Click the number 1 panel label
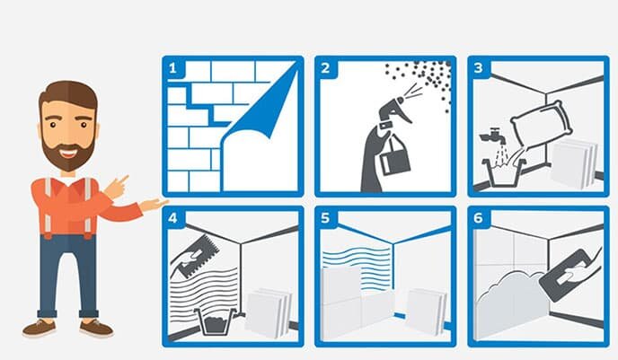[x=172, y=68]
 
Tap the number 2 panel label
[x=325, y=68]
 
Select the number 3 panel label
[x=478, y=68]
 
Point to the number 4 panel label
[x=172, y=218]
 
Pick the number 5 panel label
[x=325, y=218]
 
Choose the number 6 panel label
[x=478, y=218]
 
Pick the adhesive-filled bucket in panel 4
[x=216, y=321]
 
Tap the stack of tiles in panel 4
[x=269, y=312]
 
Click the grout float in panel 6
[x=569, y=275]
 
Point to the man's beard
[x=67, y=152]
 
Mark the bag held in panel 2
[x=394, y=157]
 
